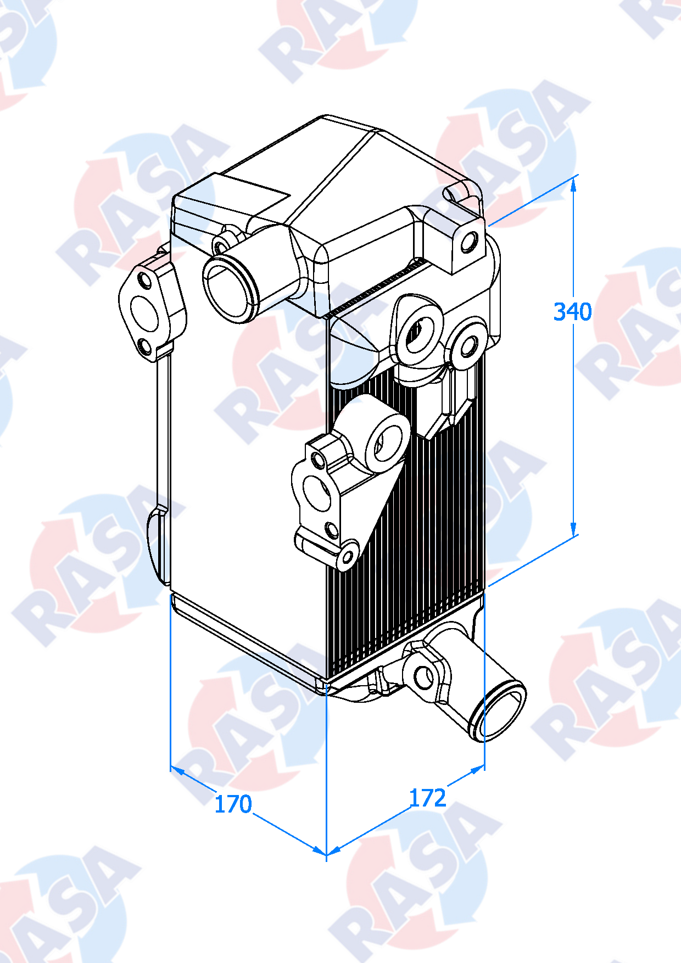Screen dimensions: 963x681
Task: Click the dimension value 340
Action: [x=572, y=312]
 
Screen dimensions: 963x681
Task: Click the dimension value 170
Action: [x=233, y=804]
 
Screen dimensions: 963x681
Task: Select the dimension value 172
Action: [x=427, y=798]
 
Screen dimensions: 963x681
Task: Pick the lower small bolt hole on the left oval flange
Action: [x=145, y=346]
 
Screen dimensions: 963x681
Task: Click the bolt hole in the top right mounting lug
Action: [x=469, y=242]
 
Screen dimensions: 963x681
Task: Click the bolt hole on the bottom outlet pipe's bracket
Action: [x=422, y=677]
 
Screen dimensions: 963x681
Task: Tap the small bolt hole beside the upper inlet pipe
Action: [x=221, y=247]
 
